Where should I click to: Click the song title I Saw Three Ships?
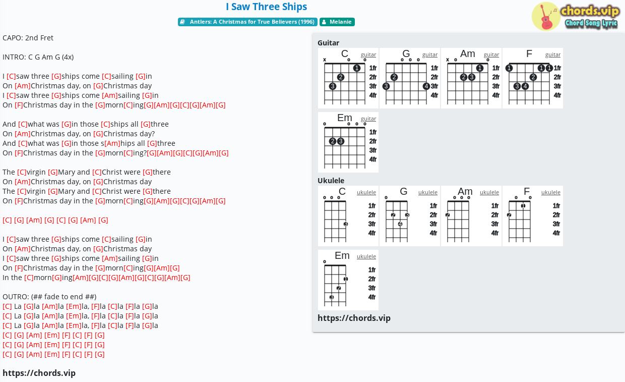tap(266, 7)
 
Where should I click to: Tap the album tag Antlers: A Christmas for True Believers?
tap(247, 22)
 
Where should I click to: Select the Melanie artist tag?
tap(337, 22)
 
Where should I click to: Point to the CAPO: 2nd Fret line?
tap(28, 38)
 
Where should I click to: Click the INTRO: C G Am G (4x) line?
tap(38, 57)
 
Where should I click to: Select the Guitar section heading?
tap(328, 43)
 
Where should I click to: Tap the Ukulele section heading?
tap(331, 181)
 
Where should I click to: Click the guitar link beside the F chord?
tap(553, 55)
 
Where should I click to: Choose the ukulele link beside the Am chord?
tap(489, 192)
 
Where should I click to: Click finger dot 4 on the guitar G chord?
tap(426, 86)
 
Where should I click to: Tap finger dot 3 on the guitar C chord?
tap(332, 86)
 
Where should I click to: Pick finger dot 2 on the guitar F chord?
tap(533, 77)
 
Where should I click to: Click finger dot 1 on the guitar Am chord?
tap(480, 68)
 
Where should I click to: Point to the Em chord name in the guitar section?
tap(345, 118)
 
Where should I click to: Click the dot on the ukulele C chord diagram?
tap(346, 224)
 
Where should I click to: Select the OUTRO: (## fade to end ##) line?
tap(49, 297)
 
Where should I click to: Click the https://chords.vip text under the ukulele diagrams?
tap(354, 318)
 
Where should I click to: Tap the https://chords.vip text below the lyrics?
tap(39, 373)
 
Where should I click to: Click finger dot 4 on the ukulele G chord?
tap(400, 224)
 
